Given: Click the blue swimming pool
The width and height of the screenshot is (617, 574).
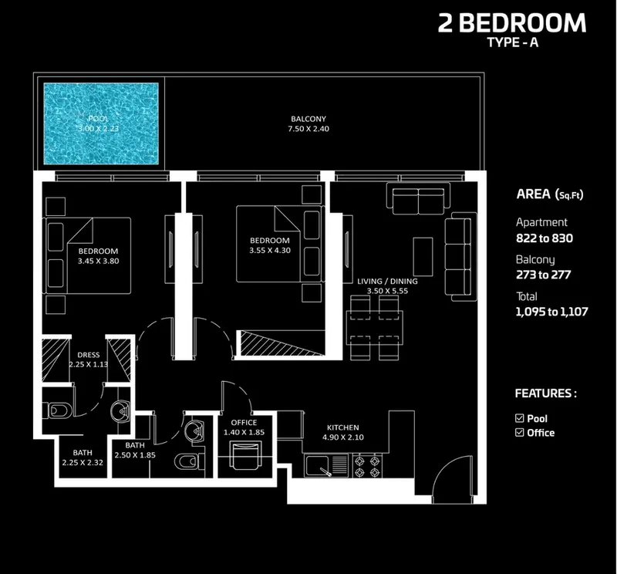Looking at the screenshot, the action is [101, 123].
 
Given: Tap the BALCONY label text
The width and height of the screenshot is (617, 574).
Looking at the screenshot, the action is [308, 119].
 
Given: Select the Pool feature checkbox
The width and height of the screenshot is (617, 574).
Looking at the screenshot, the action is [519, 418].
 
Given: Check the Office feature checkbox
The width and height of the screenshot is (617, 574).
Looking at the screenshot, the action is [519, 433].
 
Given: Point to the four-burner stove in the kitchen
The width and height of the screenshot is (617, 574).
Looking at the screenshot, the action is [367, 466].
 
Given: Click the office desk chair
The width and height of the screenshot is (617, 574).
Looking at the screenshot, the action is [245, 455].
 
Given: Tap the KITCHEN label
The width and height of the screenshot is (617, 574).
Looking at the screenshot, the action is [342, 427].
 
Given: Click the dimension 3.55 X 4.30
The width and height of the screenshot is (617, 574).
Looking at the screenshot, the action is [269, 251].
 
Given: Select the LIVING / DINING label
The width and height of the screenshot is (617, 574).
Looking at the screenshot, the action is [387, 281].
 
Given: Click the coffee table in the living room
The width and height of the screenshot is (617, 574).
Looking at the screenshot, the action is [423, 257].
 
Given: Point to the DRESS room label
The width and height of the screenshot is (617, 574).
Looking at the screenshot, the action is [89, 355].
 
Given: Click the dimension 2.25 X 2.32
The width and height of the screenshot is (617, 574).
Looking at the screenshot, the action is [83, 463].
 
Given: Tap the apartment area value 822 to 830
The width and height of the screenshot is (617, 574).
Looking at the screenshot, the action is [545, 238].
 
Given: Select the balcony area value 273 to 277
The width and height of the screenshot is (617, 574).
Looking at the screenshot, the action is [543, 275].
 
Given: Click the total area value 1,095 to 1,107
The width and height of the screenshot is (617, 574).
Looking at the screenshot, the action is [551, 312].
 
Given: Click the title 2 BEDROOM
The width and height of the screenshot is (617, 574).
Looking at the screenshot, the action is [512, 23].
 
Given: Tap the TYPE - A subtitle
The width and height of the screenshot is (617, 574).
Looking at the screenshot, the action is [512, 42].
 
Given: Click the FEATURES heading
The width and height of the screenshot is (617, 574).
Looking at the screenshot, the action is [546, 393].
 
